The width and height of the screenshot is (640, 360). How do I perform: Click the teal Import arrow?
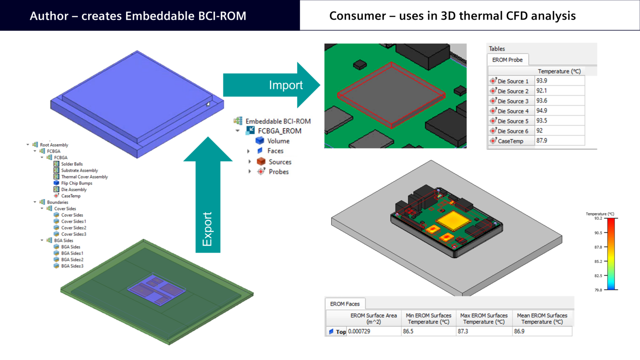271,85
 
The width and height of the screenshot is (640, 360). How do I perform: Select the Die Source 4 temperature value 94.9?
542,111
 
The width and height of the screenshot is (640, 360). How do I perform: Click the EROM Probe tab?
507,60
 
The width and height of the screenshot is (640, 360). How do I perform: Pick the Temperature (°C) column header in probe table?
559,71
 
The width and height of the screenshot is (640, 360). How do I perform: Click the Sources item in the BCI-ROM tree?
280,162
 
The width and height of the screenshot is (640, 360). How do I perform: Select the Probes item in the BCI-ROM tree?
278,172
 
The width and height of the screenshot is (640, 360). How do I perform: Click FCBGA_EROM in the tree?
279,131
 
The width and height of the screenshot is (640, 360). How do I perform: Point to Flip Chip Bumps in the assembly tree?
77,183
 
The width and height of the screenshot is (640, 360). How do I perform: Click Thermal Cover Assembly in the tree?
84,177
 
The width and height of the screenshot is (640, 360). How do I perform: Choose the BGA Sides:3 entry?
72,266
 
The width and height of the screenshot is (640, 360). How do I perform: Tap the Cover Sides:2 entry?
74,228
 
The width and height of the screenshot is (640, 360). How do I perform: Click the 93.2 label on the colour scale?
598,218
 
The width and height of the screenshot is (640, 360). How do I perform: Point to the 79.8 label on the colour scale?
598,290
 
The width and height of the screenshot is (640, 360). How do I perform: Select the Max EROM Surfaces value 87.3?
463,331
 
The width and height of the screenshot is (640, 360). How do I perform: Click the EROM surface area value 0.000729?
359,331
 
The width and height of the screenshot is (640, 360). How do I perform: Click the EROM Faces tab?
345,304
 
